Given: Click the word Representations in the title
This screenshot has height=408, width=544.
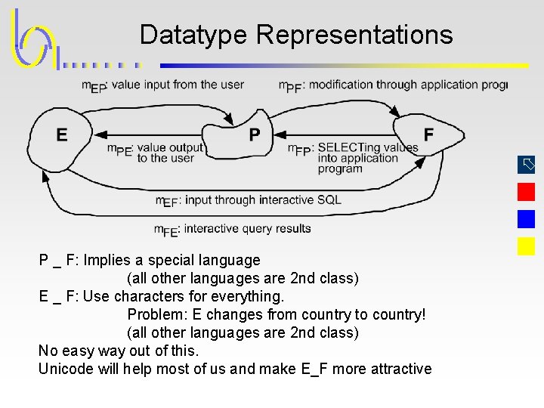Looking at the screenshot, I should coord(354,35).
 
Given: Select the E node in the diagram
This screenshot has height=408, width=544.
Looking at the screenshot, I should coord(61,134).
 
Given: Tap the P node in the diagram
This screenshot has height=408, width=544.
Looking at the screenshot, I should coord(255,134).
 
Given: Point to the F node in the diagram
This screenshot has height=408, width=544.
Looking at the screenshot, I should coord(428,134).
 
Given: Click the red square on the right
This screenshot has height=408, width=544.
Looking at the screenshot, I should coord(526,192).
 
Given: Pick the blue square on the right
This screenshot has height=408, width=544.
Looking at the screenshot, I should coord(526,219).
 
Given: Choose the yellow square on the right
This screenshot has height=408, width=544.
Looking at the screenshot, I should coord(526,246).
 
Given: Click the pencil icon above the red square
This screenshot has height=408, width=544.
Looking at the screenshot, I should coord(527,164).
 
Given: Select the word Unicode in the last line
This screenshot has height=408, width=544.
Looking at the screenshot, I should coord(64,369).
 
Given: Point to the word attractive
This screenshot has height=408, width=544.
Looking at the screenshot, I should coord(401,369).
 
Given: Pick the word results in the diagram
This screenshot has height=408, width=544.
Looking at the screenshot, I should coord(292,228).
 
